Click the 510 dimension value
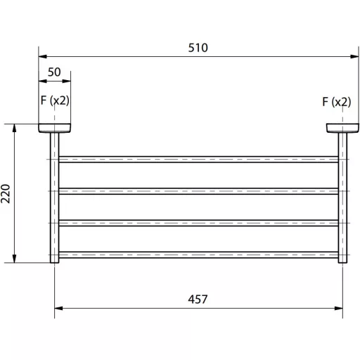coord(198,48)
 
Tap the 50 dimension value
coord(54,72)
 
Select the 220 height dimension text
coord(6,193)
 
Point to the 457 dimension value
coord(198,300)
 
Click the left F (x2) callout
coord(55,101)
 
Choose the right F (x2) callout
coord(337,102)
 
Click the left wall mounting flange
coord(55,128)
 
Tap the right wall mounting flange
coord(342,128)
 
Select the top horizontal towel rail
coord(198,160)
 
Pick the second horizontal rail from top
coord(198,191)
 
